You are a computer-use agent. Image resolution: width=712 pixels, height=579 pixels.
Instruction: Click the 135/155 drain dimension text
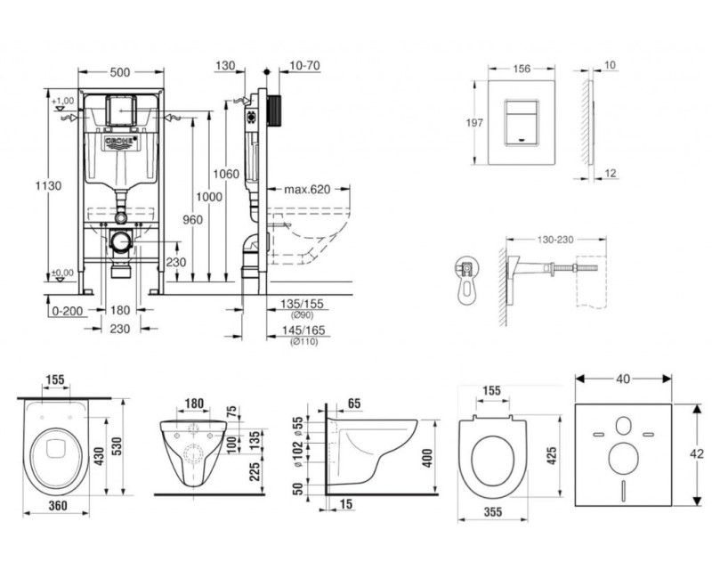tap(301, 305)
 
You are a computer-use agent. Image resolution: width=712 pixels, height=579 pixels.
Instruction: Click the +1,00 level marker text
tap(61, 101)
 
